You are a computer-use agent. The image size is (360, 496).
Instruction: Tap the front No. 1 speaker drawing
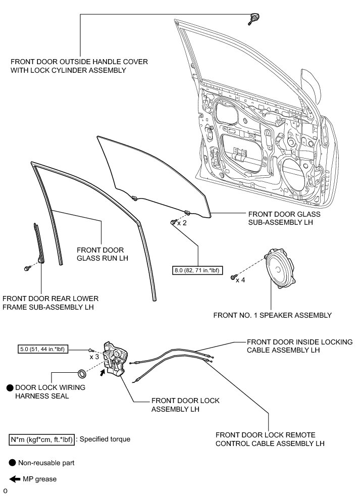pyautogui.click(x=281, y=269)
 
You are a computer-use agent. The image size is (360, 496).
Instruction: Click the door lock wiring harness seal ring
pyautogui.click(x=80, y=374)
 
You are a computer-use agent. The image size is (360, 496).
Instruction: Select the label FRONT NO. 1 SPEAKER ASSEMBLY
pyautogui.click(x=272, y=315)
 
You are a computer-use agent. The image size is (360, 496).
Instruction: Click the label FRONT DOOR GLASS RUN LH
pyautogui.click(x=102, y=254)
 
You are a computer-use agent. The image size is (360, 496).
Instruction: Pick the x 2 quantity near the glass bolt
pyautogui.click(x=182, y=223)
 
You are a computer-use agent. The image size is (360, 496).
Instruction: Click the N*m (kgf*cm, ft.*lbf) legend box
pyautogui.click(x=42, y=439)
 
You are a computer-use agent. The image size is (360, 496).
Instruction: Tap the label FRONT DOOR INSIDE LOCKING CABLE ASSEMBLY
pyautogui.click(x=300, y=346)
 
